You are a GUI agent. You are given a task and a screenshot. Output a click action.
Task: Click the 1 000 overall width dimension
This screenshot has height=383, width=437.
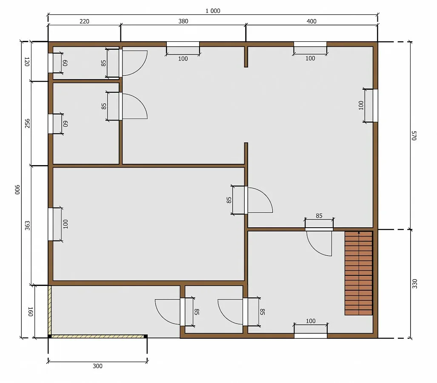213,11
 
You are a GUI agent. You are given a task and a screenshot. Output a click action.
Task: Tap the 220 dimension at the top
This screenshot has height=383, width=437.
84,21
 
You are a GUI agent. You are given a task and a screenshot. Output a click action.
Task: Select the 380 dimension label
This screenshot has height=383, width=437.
183,21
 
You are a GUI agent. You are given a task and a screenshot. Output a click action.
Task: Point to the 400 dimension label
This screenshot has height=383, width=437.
311,21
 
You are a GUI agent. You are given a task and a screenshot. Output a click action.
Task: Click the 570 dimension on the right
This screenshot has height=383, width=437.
414,135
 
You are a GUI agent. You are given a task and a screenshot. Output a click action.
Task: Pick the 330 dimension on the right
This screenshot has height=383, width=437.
415,284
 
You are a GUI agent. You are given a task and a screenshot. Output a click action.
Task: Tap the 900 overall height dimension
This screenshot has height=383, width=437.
17,189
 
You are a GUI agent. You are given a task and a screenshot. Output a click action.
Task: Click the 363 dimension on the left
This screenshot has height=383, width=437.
27,226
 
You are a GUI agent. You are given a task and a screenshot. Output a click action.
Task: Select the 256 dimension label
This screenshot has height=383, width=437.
27,123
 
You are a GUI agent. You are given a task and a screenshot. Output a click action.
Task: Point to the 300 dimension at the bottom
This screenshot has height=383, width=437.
97,366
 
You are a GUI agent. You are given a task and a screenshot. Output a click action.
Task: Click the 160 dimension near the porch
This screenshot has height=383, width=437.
31,312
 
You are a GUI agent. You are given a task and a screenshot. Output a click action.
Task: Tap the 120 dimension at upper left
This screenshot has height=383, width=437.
27,62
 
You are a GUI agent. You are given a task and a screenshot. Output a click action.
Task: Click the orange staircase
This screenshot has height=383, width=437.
359,273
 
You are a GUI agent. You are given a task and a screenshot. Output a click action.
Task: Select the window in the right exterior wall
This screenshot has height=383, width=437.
375,106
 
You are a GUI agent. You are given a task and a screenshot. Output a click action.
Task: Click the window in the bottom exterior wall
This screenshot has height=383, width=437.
311,336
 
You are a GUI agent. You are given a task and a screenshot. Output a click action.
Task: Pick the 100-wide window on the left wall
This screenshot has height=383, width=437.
51,224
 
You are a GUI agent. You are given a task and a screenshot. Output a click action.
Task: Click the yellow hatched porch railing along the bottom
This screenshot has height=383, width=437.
97,337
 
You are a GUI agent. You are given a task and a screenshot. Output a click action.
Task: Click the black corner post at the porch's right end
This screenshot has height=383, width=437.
146,337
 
